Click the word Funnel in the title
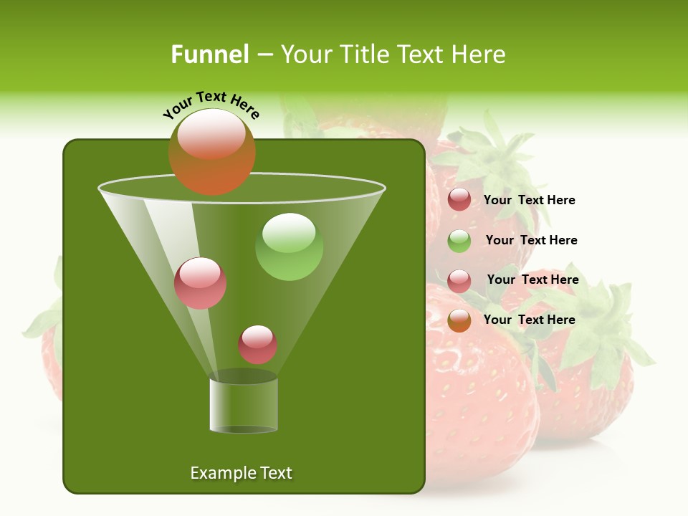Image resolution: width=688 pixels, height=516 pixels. coord(209,54)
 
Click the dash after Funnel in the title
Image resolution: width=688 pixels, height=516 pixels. coord(264,55)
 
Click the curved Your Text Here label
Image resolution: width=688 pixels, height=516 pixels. coord(211,105)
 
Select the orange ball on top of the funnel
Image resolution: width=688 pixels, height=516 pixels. coord(212,152)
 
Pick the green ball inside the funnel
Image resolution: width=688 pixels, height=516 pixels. coord(289,247)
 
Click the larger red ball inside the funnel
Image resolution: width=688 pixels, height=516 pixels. coord(200,283)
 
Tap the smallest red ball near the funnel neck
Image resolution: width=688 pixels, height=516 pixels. coord(257,345)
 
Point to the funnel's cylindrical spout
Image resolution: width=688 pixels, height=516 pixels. coord(244,405)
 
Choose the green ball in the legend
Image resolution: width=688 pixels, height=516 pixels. coord(459,241)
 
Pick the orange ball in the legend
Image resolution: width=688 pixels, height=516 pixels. coord(459,320)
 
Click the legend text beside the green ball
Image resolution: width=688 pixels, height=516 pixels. coord(531,240)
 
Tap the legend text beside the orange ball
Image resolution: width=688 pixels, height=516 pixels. coord(529,320)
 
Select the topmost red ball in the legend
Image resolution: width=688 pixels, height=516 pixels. coord(459,200)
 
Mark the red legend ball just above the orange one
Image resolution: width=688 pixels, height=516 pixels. coord(459,281)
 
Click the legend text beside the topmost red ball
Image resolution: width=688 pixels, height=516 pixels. coord(529,200)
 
